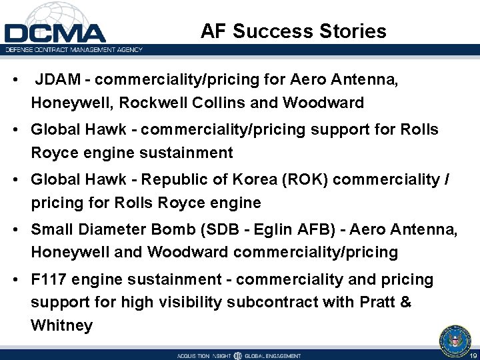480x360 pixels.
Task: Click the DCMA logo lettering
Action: coord(55,33)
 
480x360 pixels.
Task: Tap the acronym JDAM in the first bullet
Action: coord(62,80)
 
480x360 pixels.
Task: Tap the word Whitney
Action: coord(61,325)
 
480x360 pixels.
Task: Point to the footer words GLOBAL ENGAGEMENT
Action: coord(274,356)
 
